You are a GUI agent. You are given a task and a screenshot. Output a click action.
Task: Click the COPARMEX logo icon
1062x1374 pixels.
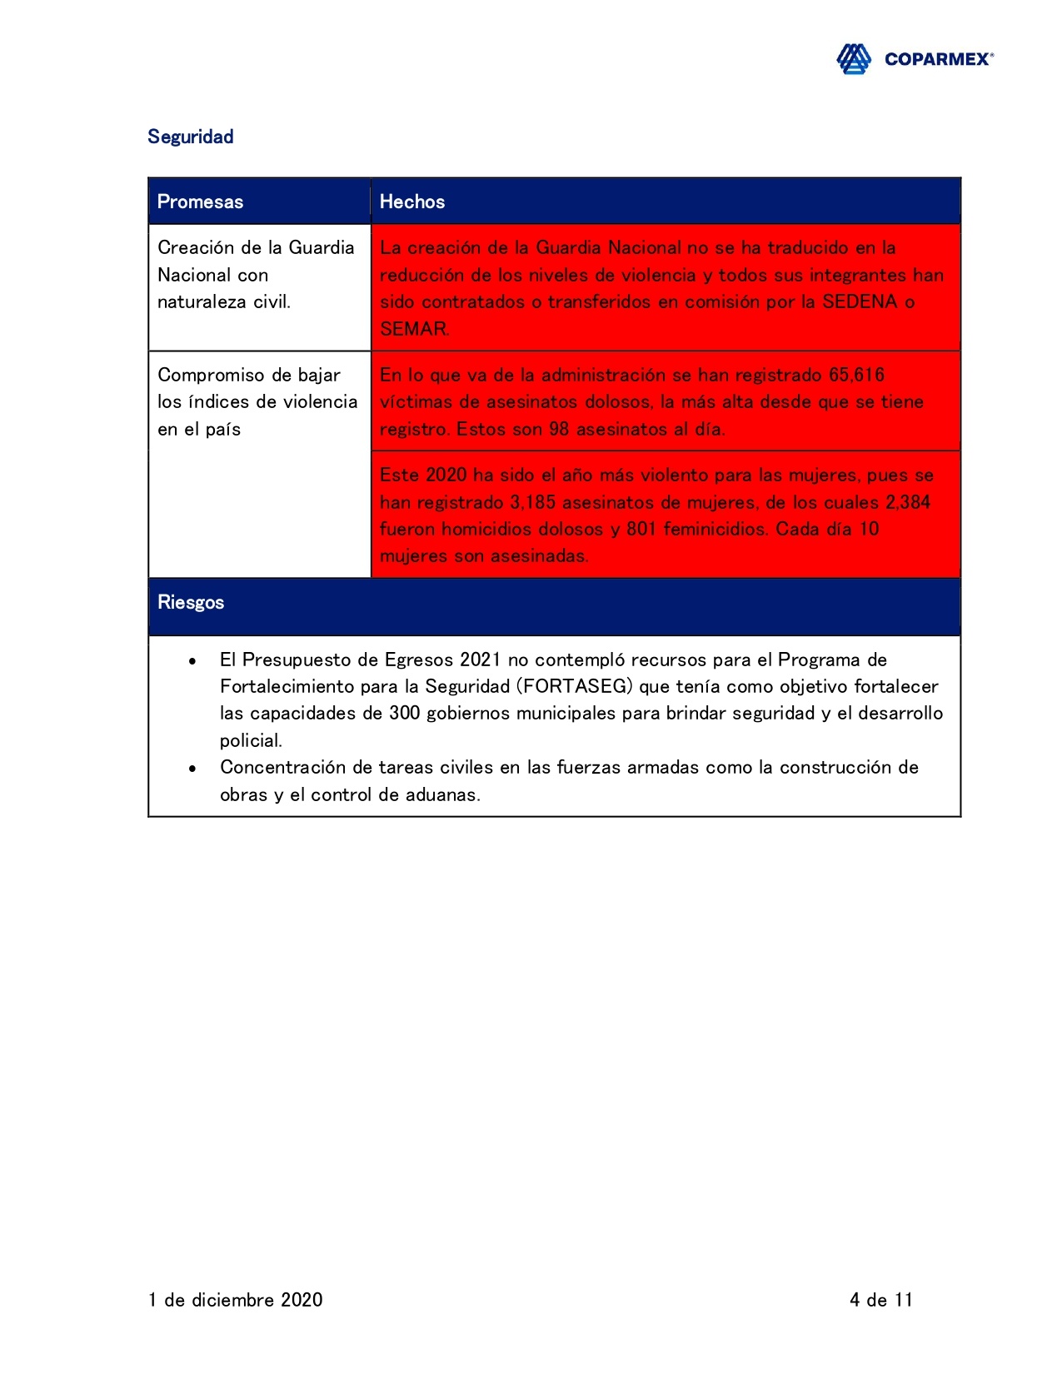[x=854, y=59]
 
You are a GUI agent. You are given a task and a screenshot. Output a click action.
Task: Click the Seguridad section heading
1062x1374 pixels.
[x=190, y=137]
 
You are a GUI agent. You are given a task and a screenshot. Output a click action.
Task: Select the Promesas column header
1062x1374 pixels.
[x=200, y=202]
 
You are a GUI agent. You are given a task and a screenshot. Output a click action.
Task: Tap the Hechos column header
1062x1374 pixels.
[x=411, y=202]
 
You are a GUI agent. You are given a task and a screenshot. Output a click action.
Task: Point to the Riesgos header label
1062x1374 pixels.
[x=191, y=602]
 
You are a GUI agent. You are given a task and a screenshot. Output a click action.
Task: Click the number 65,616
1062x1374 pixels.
[x=856, y=375]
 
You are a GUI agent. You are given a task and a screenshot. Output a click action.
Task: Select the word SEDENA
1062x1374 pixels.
[x=860, y=301]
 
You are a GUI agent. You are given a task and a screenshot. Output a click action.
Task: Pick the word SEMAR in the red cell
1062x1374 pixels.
[x=413, y=329]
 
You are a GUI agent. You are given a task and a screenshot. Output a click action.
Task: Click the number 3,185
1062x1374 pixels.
[x=532, y=502]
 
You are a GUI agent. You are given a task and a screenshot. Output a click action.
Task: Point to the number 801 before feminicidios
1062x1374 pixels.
[x=641, y=529]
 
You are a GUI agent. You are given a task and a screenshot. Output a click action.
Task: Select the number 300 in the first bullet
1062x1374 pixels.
[x=405, y=713]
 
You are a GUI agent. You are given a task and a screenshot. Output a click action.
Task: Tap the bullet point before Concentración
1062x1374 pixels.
[x=192, y=768]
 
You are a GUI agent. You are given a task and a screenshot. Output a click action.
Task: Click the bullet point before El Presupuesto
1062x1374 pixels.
[x=192, y=660]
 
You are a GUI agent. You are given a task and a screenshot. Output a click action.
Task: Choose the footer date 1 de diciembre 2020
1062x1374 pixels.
[x=236, y=1300]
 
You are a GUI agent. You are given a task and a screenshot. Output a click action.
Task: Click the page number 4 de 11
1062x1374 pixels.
[x=881, y=1300]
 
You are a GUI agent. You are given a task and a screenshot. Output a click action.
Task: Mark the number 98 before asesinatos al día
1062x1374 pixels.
[x=559, y=429]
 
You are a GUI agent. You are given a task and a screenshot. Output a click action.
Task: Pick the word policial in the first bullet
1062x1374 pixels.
[x=250, y=740]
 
